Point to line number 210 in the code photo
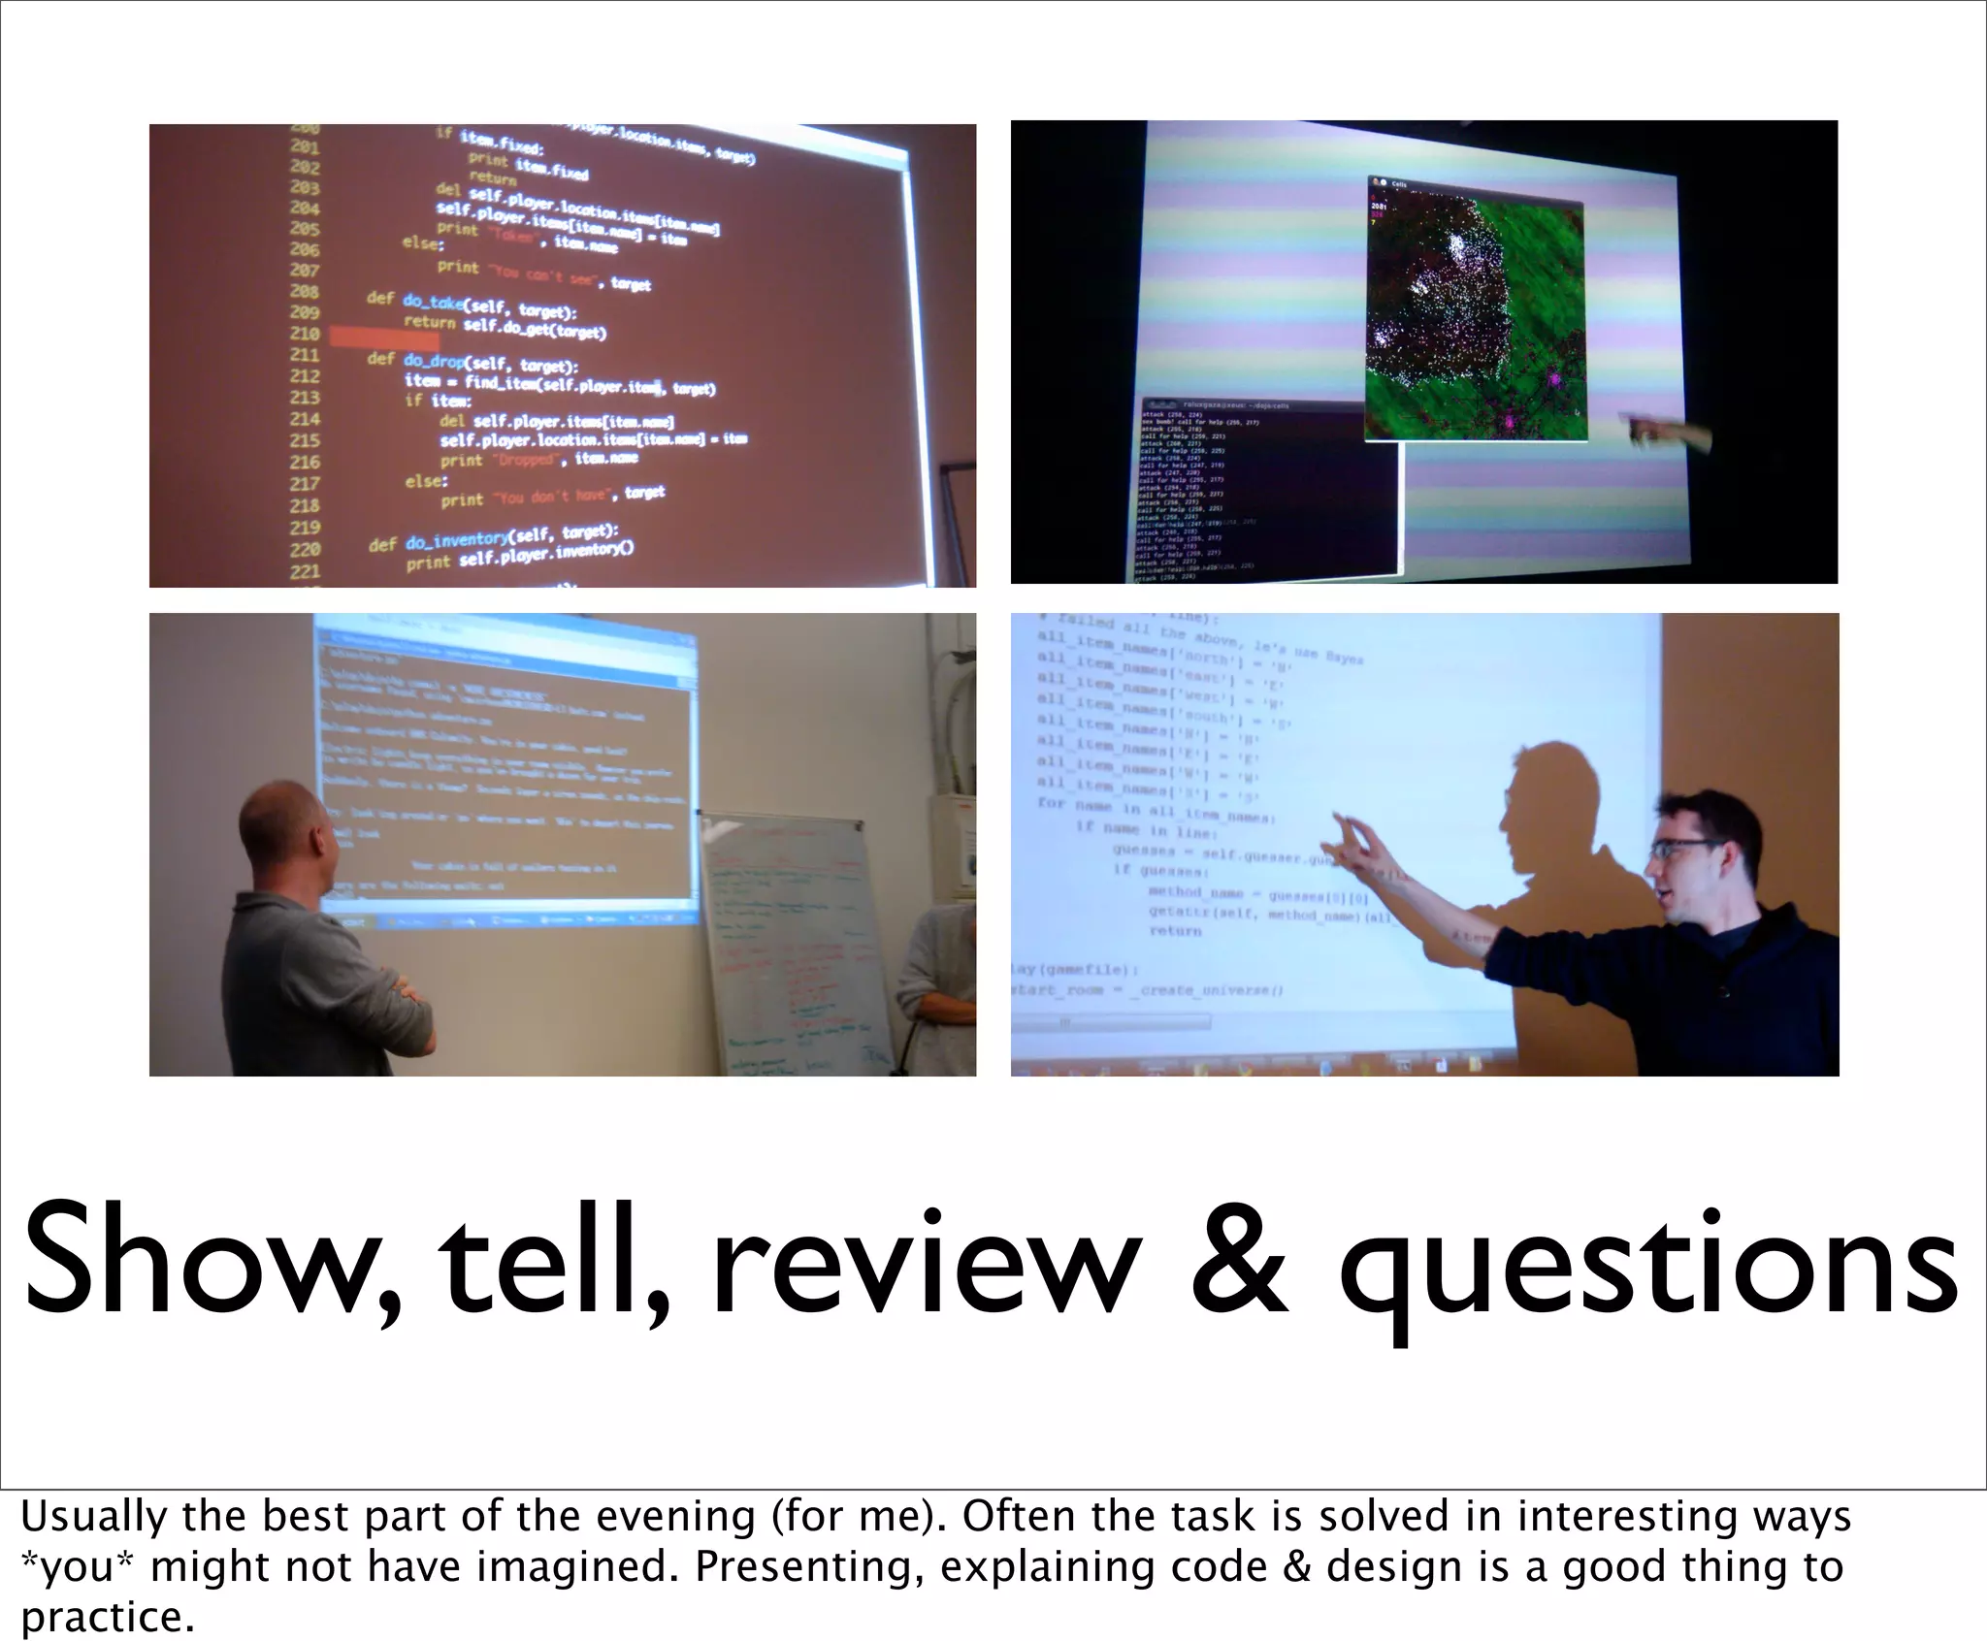pos(305,334)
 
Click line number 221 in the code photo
pos(305,571)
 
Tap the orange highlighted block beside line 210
pos(384,337)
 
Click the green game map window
pos(1475,310)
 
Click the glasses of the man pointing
pos(1686,849)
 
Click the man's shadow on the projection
pos(1543,834)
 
